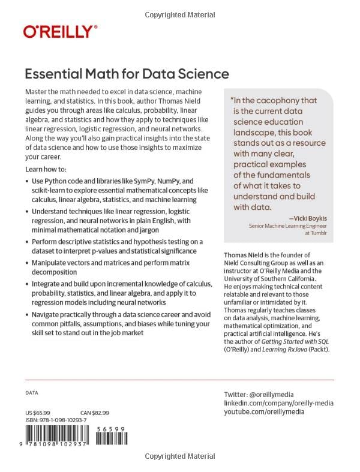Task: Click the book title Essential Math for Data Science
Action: click(127, 74)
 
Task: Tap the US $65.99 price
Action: click(38, 413)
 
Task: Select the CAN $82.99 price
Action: click(95, 413)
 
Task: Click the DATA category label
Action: click(32, 393)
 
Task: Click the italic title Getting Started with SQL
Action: click(300, 341)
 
